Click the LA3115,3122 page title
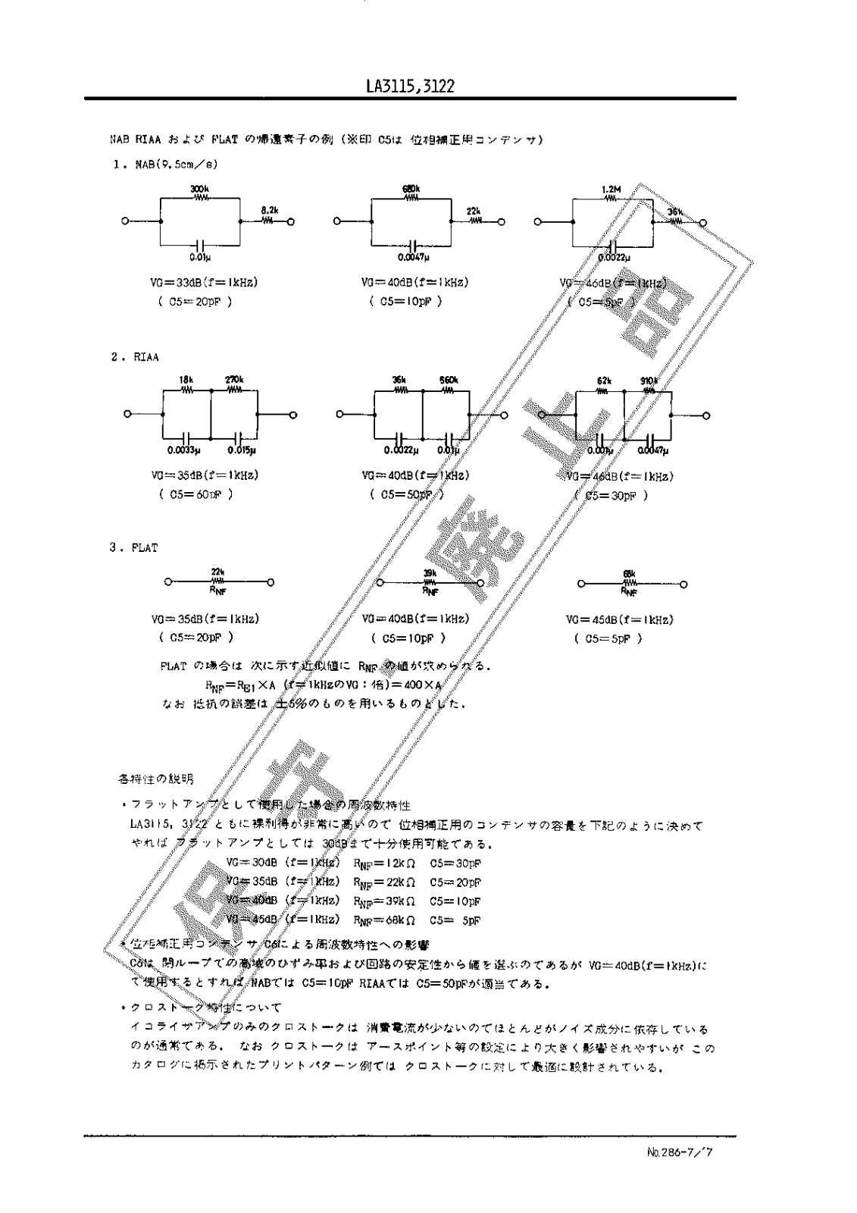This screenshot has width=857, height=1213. (409, 86)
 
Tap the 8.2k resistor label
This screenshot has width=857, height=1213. (268, 209)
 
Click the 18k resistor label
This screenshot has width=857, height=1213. (186, 379)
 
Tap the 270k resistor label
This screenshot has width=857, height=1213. (234, 379)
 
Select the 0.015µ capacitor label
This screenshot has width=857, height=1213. (242, 450)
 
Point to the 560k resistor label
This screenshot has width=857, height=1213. (447, 379)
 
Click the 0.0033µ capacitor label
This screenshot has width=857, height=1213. (184, 450)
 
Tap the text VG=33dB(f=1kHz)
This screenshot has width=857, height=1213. (205, 282)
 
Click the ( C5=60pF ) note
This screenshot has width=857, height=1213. (195, 494)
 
